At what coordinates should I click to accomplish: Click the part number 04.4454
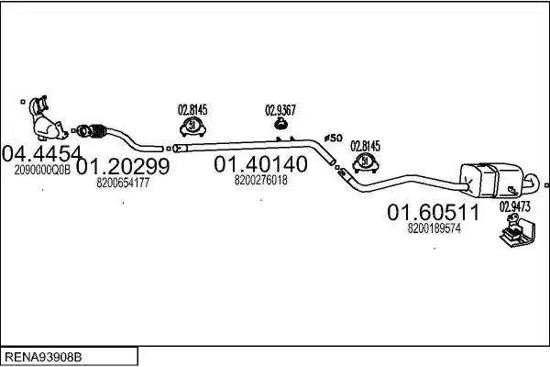tap(42, 154)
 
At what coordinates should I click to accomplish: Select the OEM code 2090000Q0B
tap(42, 170)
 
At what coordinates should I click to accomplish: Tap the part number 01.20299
tap(123, 166)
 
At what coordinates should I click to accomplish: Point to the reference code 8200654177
tap(123, 183)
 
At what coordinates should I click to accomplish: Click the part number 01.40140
tap(260, 164)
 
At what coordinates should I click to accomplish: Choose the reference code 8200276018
tap(260, 180)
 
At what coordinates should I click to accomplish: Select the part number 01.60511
tap(434, 213)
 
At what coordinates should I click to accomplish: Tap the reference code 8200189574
tap(434, 228)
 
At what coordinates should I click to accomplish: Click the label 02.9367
tap(280, 110)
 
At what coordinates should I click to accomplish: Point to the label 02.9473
tap(514, 206)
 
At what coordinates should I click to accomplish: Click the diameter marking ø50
tap(334, 138)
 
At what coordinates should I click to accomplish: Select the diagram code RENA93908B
tap(43, 357)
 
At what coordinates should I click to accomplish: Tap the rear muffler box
tap(491, 180)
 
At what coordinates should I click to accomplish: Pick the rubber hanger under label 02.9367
tap(280, 123)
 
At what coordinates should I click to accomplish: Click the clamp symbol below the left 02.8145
tap(192, 127)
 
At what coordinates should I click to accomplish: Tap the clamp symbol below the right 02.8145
tap(366, 163)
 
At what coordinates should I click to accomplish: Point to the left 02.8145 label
tap(192, 110)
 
